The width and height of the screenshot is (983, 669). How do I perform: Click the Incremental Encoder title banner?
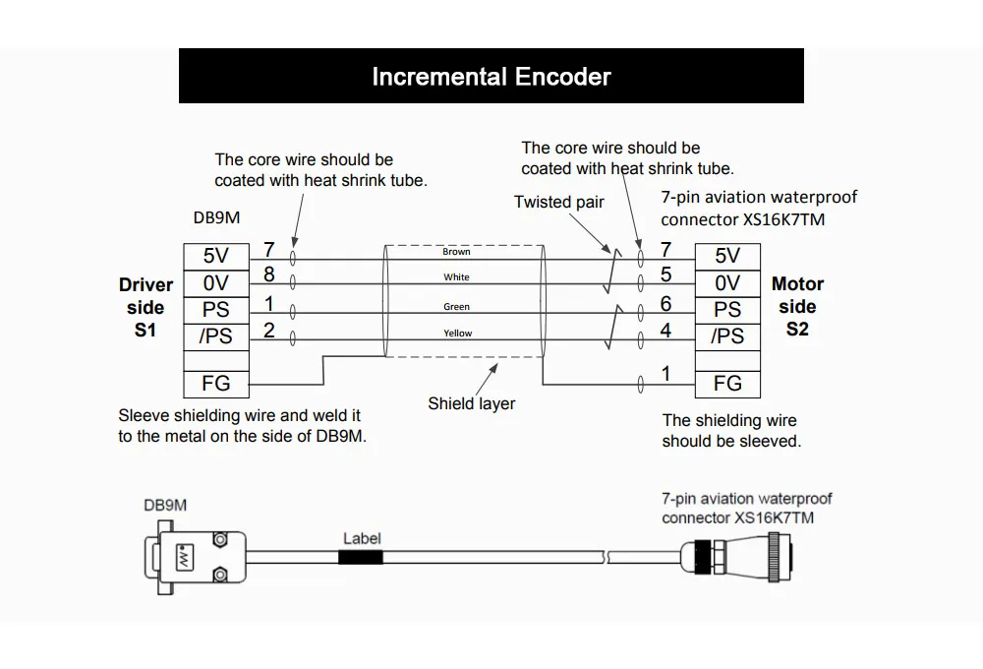point(491,77)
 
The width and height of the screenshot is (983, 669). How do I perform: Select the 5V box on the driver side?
point(215,256)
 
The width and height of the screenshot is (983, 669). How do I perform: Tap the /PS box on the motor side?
point(727,335)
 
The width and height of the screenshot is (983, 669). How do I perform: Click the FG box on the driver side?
point(215,384)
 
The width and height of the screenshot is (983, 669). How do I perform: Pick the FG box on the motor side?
point(727,384)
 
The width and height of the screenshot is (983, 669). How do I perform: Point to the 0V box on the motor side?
point(727,283)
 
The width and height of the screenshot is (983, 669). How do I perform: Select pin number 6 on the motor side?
point(665,305)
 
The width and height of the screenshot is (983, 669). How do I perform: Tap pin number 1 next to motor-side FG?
point(665,374)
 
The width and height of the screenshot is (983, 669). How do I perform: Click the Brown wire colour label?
point(456,253)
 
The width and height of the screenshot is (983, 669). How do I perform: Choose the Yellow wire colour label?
point(456,334)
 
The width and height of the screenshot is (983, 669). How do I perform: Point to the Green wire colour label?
point(456,307)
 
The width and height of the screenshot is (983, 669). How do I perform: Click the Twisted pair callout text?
point(559,202)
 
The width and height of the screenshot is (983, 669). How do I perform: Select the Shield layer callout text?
point(471,403)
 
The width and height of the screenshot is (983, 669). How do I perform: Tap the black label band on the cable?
point(361,557)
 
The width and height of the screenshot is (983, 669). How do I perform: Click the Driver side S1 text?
point(145,307)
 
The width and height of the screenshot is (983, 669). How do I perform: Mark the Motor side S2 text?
point(797,306)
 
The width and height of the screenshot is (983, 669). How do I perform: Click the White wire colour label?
point(456,278)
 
